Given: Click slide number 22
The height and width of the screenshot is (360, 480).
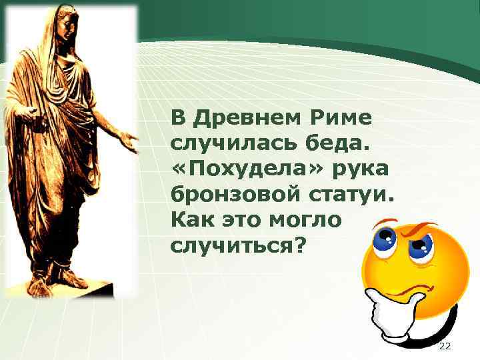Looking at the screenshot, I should (x=445, y=346).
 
